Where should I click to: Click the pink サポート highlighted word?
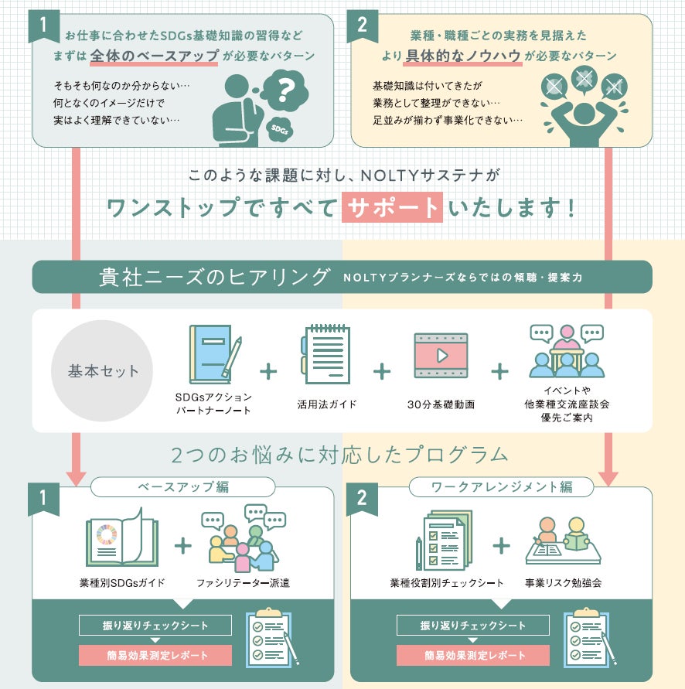coord(393,206)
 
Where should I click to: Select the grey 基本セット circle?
coord(104,371)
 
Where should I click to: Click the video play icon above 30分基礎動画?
coord(441,356)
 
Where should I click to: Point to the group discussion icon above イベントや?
coord(566,350)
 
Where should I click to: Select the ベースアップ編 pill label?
coord(183,487)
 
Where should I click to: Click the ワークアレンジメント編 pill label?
coord(501,487)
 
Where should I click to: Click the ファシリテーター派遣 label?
coord(242,582)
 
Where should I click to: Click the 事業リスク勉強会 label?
coord(563,582)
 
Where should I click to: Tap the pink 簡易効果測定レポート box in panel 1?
coord(155,656)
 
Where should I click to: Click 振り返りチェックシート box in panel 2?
coord(473,625)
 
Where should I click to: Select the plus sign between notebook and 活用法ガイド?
coord(268,371)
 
